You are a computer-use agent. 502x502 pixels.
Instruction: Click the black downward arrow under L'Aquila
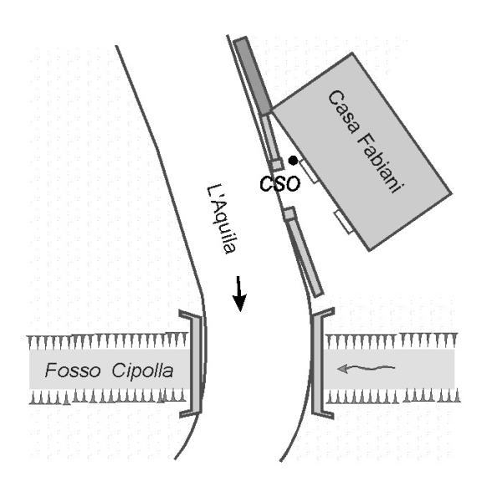239,293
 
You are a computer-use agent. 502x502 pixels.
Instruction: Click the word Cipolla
143,369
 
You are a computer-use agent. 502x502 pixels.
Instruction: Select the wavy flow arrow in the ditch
369,366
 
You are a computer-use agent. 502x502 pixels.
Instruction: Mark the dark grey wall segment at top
252,76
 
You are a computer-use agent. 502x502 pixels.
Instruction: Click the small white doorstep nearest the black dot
307,172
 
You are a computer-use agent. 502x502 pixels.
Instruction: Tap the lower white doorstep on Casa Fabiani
344,222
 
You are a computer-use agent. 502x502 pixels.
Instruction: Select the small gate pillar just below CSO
289,215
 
